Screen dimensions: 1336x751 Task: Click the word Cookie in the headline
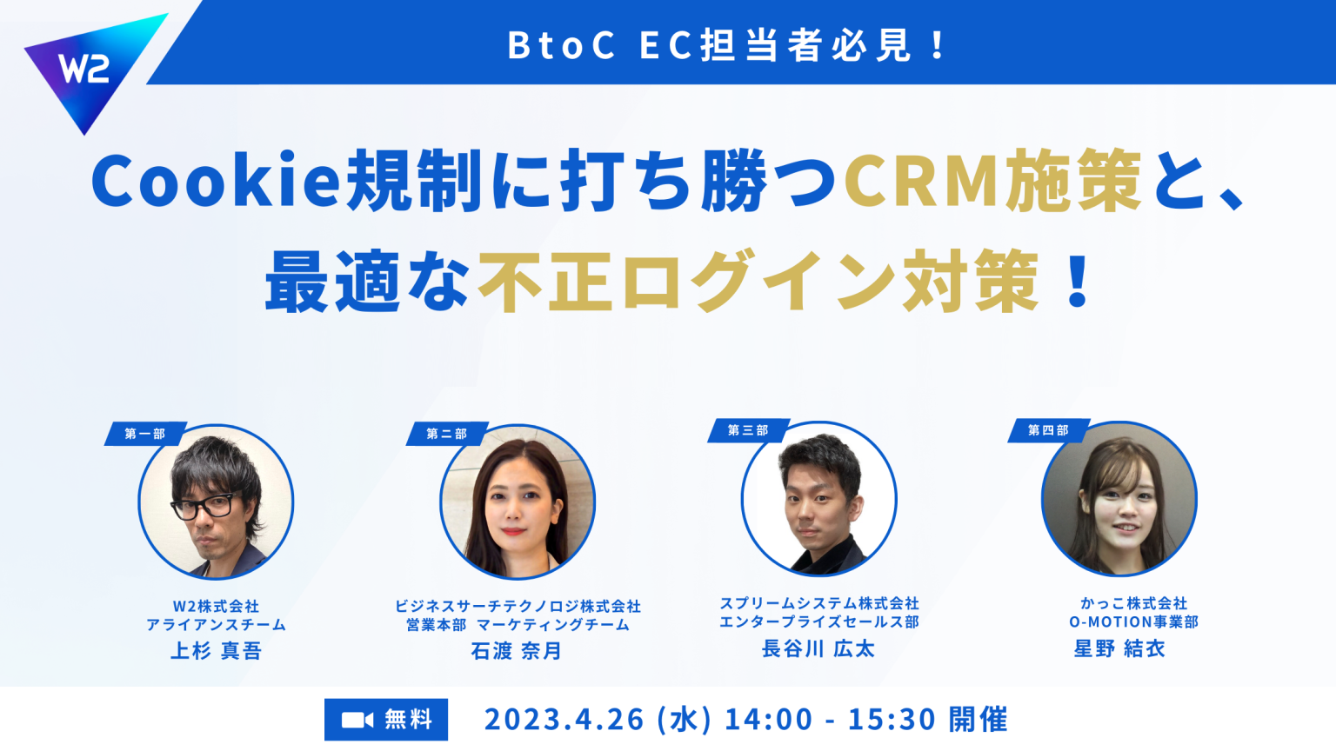pyautogui.click(x=216, y=181)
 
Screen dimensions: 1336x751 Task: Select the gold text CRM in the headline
pyautogui.click(x=922, y=181)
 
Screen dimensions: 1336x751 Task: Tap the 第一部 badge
pyautogui.click(x=145, y=434)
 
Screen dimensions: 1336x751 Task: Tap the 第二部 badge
pyautogui.click(x=447, y=434)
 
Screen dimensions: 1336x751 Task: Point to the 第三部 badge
pyautogui.click(x=749, y=430)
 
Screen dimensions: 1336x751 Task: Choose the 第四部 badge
pyautogui.click(x=1048, y=430)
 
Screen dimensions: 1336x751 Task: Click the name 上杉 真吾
pyautogui.click(x=216, y=650)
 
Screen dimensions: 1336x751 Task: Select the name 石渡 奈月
pyautogui.click(x=517, y=650)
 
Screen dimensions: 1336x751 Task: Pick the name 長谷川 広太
pyautogui.click(x=818, y=648)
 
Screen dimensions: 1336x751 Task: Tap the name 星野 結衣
pyautogui.click(x=1119, y=648)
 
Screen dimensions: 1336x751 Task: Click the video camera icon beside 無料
pyautogui.click(x=357, y=720)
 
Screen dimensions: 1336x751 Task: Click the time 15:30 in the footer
pyautogui.click(x=892, y=720)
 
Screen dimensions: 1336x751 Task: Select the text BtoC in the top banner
pyautogui.click(x=561, y=45)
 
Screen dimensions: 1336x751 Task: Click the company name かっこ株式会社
pyautogui.click(x=1134, y=603)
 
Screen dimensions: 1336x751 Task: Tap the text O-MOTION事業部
pyautogui.click(x=1134, y=621)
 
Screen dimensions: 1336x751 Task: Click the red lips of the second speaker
pyautogui.click(x=513, y=530)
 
